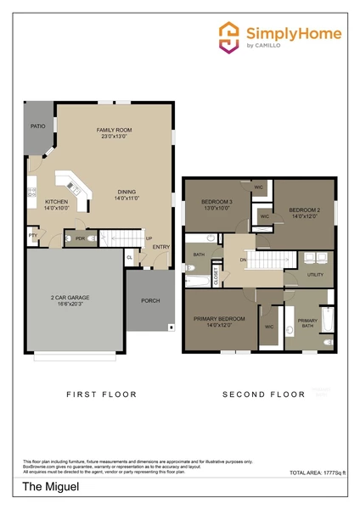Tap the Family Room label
point(115,133)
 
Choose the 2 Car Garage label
point(71,300)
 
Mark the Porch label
point(150,300)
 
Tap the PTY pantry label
point(33,235)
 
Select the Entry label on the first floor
point(160,248)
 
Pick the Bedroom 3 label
point(216,204)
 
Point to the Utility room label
point(315,275)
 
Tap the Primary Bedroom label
point(219,321)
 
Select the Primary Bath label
point(307,323)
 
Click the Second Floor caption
point(263,394)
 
